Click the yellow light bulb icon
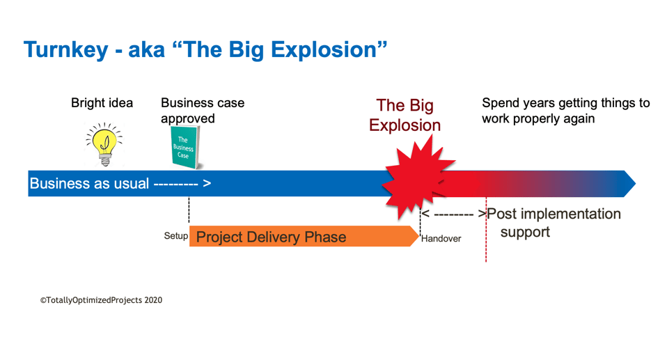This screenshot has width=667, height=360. tap(104, 143)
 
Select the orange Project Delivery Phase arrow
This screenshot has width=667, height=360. tap(299, 237)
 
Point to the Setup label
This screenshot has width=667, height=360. tap(175, 236)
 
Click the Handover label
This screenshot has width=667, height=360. tap(441, 239)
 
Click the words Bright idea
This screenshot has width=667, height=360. tap(102, 103)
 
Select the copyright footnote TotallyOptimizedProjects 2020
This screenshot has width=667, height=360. tap(101, 300)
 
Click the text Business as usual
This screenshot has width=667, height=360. tap(89, 184)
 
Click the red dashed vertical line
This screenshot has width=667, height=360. tap(486, 240)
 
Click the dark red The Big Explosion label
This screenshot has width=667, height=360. tap(405, 116)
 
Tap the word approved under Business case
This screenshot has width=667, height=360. tap(188, 118)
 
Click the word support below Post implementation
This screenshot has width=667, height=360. tap(525, 232)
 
